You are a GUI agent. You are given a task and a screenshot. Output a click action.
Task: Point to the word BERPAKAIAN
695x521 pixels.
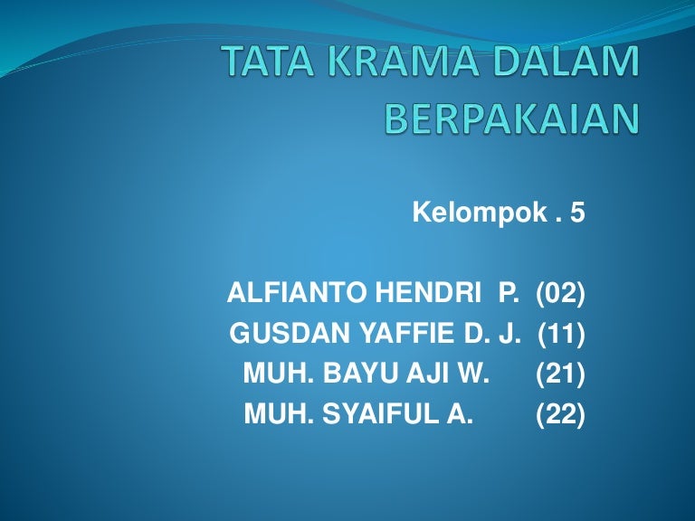(x=512, y=118)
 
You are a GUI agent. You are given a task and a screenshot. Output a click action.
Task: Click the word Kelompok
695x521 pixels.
(x=480, y=213)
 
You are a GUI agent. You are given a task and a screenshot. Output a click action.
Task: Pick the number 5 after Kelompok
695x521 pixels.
(x=577, y=213)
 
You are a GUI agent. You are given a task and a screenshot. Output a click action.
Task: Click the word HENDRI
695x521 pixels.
(x=429, y=293)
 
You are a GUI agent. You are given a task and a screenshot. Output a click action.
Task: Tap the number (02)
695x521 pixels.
(x=561, y=293)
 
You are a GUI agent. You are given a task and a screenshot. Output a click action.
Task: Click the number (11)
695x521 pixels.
(x=562, y=334)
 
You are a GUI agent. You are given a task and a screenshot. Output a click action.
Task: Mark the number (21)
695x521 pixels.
(x=561, y=374)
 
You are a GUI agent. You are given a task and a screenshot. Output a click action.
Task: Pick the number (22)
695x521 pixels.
(x=561, y=414)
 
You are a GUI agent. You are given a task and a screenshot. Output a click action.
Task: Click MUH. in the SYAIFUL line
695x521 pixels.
(x=280, y=413)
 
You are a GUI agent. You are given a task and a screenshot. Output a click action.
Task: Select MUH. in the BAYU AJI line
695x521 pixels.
(x=279, y=373)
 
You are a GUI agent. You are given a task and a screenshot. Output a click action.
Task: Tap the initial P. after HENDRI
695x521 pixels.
(x=509, y=293)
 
